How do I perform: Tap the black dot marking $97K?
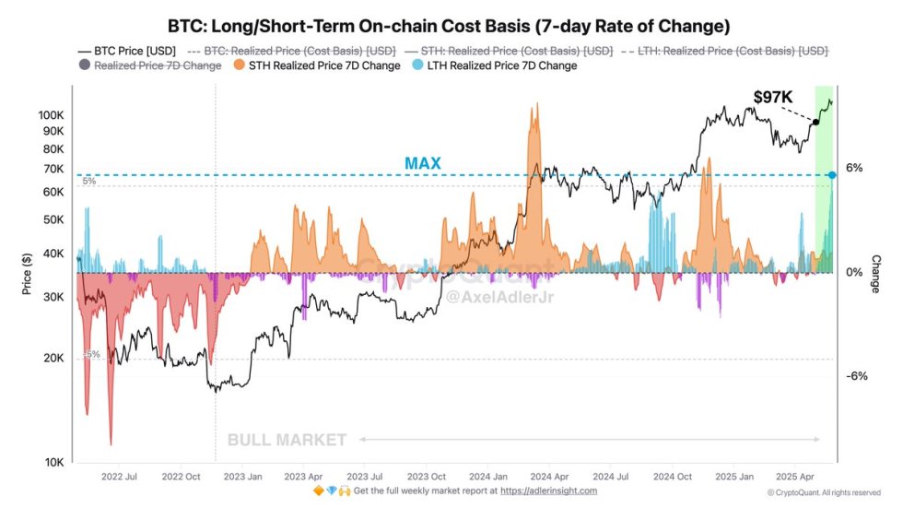click(x=815, y=122)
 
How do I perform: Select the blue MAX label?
click(x=423, y=163)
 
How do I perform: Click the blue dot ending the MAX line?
click(x=832, y=174)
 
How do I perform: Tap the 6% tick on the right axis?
click(x=854, y=168)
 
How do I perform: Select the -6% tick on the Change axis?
click(x=857, y=376)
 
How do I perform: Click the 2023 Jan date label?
click(x=243, y=478)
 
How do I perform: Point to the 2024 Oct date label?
click(x=672, y=478)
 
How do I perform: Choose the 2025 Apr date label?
click(x=795, y=478)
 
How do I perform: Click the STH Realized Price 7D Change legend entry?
click(x=318, y=65)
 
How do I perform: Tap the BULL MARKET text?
click(x=287, y=440)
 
